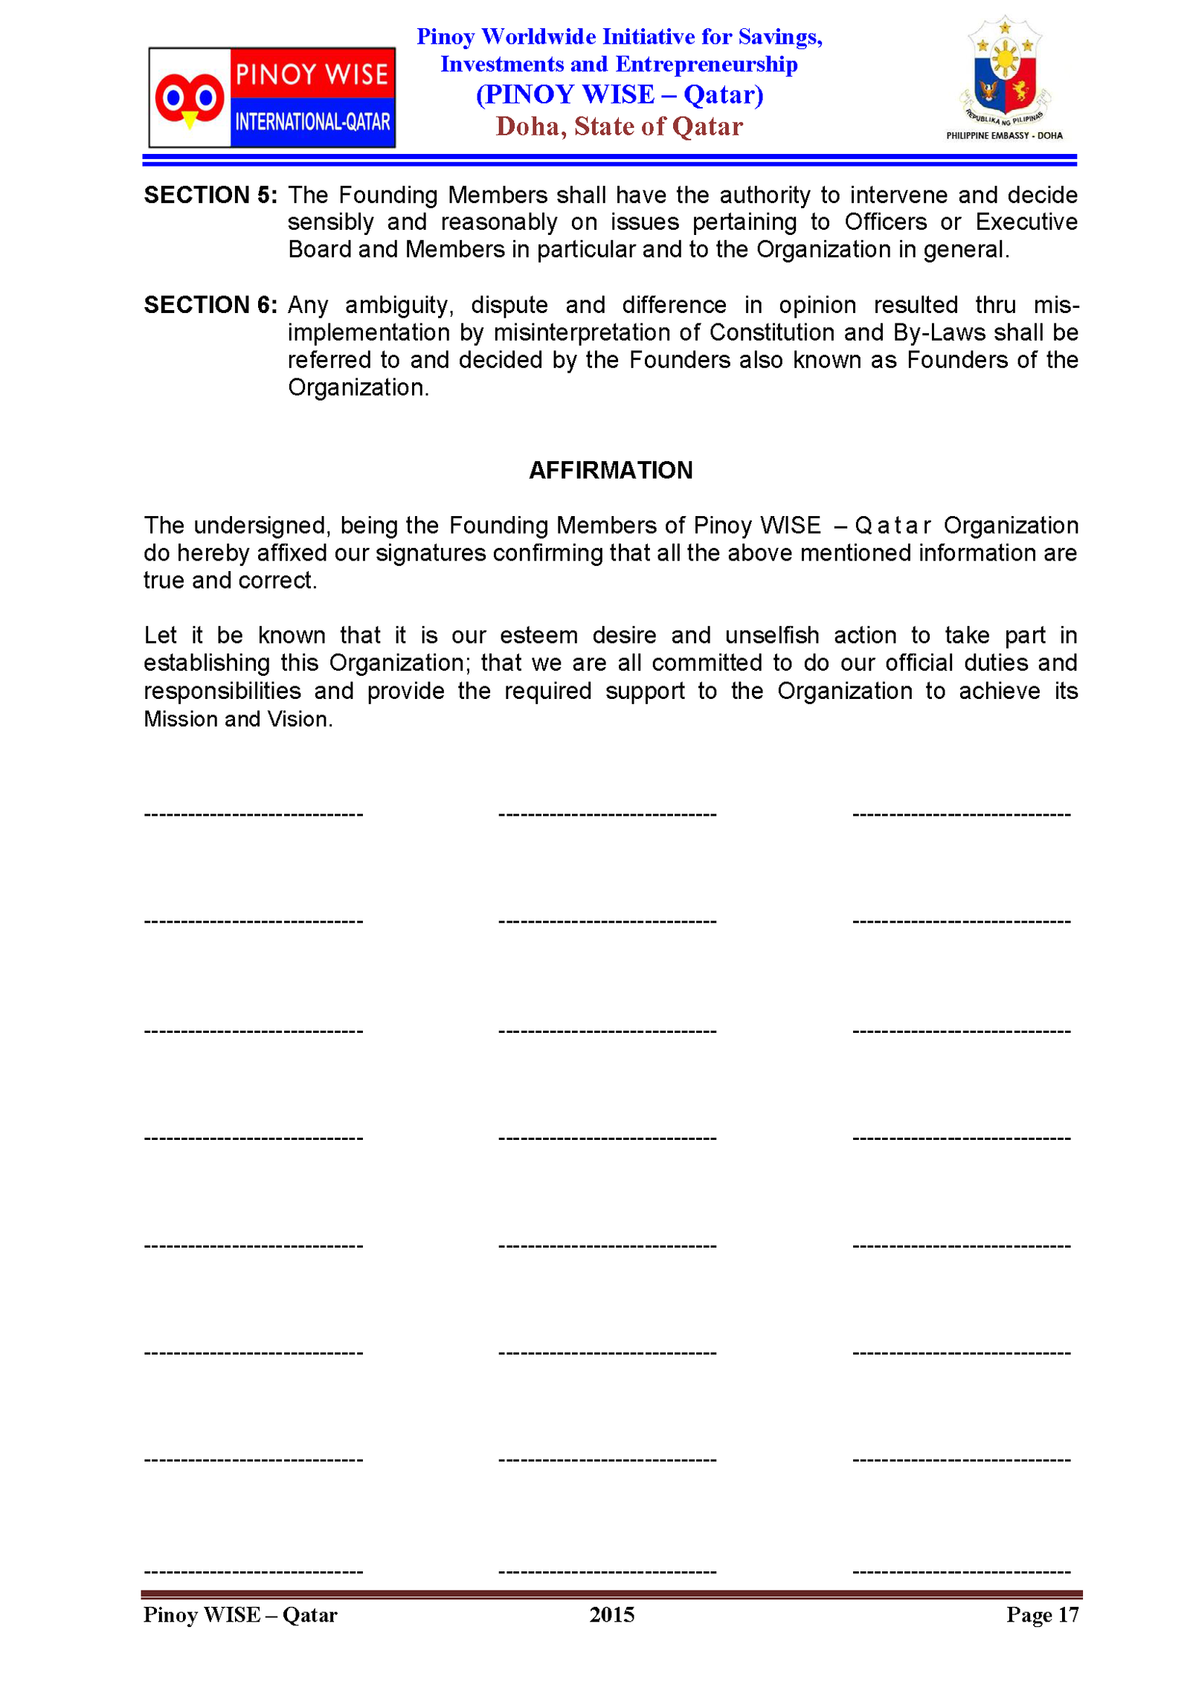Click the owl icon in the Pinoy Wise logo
(x=189, y=98)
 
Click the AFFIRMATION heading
(x=611, y=470)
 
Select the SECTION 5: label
(x=210, y=195)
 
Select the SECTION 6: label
(x=210, y=305)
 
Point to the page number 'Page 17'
(x=1041, y=1614)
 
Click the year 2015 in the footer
(x=611, y=1614)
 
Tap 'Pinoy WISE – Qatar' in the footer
(x=240, y=1614)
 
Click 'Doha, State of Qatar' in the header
(x=619, y=126)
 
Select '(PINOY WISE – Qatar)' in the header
(x=620, y=94)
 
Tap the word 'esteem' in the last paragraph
(x=538, y=636)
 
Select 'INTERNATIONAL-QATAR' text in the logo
(x=312, y=121)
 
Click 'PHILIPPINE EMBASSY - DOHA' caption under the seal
(x=1004, y=135)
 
